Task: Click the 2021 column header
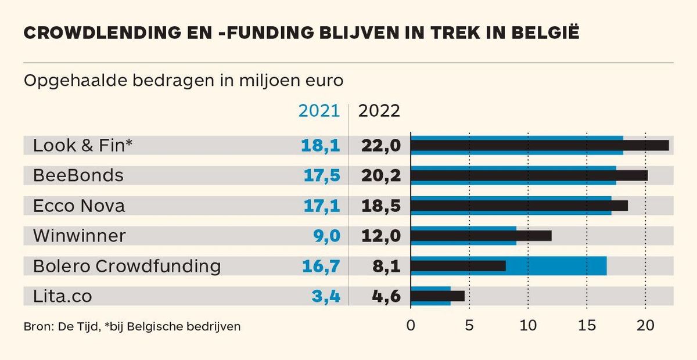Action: click(319, 111)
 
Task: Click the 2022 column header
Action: click(379, 111)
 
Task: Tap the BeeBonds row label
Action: click(78, 175)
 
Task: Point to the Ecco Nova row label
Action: click(79, 206)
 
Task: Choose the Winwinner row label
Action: click(80, 236)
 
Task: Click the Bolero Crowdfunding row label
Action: click(127, 266)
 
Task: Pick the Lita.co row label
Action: click(63, 296)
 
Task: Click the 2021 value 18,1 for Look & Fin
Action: click(320, 145)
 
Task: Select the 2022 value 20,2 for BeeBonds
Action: click(380, 175)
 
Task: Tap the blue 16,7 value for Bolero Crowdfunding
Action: click(320, 266)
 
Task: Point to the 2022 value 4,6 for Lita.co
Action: click(386, 296)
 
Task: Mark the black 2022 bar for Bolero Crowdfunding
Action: click(458, 266)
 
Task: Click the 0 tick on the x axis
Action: click(411, 326)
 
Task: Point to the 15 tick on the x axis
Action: click(587, 326)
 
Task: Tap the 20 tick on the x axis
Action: click(645, 326)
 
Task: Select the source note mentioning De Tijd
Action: click(132, 326)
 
